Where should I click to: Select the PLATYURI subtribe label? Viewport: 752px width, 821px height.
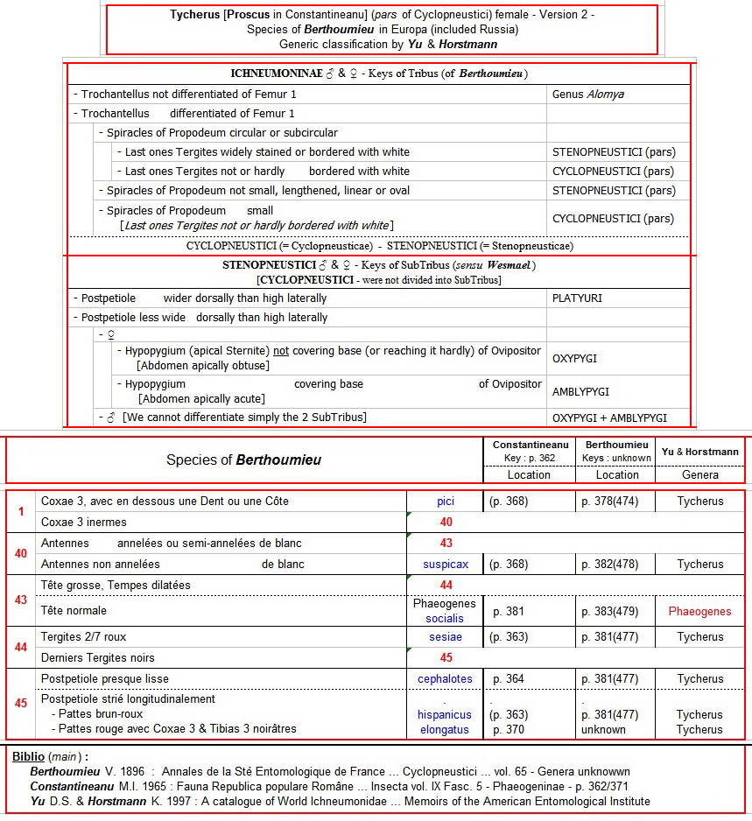tap(577, 298)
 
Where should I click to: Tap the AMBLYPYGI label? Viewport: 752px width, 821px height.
tap(580, 391)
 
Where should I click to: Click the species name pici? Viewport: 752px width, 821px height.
tap(446, 502)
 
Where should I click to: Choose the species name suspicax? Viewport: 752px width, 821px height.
tap(446, 565)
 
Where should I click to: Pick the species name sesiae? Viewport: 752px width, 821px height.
tap(446, 636)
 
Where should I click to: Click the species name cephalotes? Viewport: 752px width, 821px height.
tap(445, 678)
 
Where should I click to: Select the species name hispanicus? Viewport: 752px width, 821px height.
tap(445, 715)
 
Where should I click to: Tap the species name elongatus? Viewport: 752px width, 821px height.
tap(445, 729)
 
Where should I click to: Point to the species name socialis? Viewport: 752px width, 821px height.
tap(446, 618)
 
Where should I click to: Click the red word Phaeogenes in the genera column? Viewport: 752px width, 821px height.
tap(699, 611)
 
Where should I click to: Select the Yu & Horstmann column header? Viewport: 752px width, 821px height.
tap(700, 452)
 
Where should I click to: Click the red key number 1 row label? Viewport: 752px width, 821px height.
tap(21, 511)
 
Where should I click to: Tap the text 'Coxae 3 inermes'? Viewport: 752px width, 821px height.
tap(84, 523)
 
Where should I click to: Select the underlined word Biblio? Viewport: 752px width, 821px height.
tap(29, 756)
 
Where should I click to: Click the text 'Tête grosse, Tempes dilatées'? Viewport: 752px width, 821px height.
tap(116, 585)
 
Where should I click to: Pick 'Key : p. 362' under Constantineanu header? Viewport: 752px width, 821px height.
tap(529, 458)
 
